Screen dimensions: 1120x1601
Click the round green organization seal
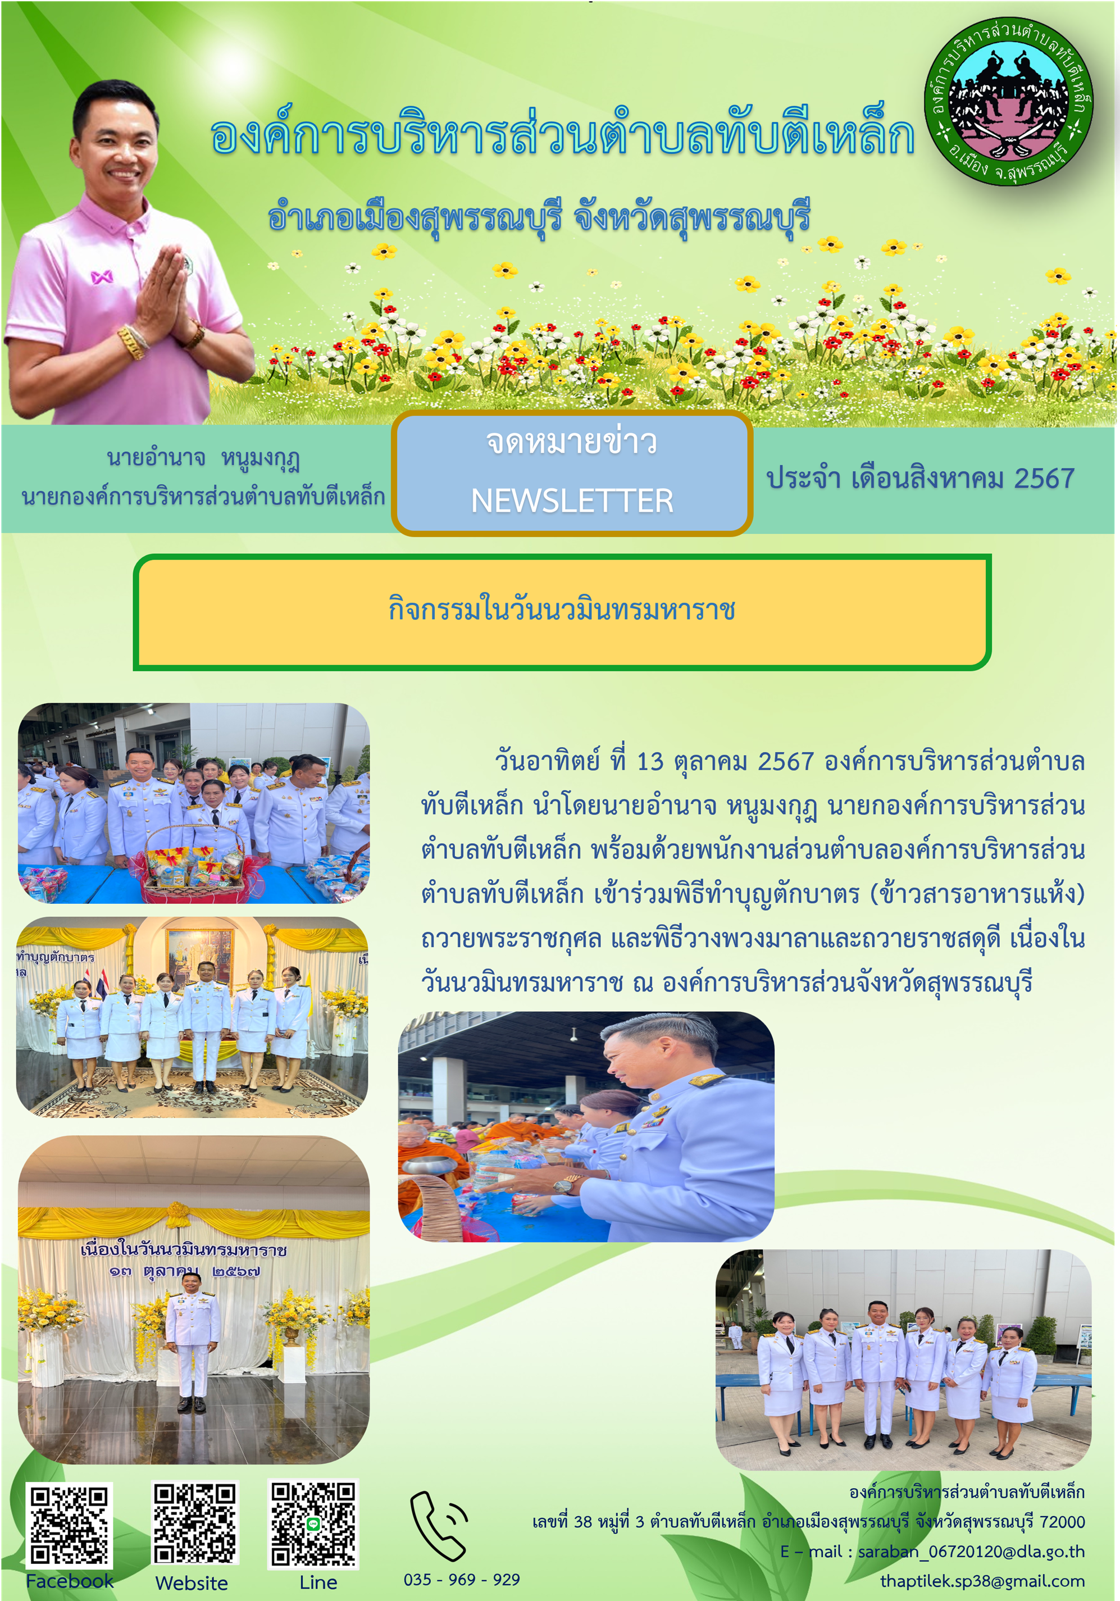click(x=1008, y=102)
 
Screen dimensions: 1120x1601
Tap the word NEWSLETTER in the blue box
click(x=572, y=501)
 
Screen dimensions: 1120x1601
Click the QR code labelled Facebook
click(x=69, y=1526)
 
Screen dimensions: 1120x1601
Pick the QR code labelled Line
click(x=313, y=1524)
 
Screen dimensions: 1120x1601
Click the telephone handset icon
click(x=438, y=1526)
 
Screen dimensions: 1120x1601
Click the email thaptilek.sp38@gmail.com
click(x=982, y=1581)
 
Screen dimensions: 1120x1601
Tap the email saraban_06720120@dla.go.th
click(x=971, y=1552)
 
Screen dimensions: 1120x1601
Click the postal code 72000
click(x=1062, y=1521)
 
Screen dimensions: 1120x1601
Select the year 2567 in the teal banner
click(x=1044, y=479)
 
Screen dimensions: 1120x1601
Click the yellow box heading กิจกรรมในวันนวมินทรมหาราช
click(x=561, y=610)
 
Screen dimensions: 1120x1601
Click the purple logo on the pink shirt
click(x=102, y=278)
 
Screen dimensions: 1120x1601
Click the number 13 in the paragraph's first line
click(x=650, y=761)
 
